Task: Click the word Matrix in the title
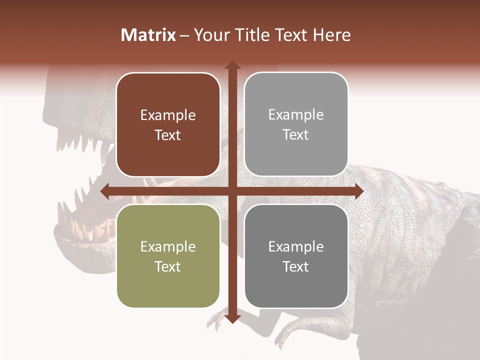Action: [148, 35]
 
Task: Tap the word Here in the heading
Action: [331, 35]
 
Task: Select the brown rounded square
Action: [168, 124]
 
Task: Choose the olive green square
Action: [168, 256]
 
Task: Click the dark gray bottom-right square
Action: [296, 256]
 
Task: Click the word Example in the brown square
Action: [168, 115]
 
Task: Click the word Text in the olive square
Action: [168, 266]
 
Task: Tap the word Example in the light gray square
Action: [296, 115]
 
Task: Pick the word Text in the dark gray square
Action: [296, 266]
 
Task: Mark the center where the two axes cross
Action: [232, 190]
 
